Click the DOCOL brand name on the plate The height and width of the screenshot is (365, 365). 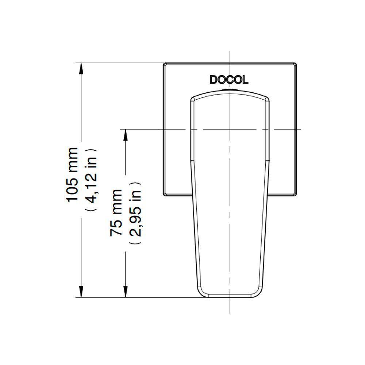(229, 80)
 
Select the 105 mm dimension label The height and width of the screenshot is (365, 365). (72, 174)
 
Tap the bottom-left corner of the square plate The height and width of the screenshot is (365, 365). (164, 196)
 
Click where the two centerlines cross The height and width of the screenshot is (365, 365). (229, 129)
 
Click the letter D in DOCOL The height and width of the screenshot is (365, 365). (213, 80)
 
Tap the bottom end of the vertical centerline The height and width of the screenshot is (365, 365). (229, 312)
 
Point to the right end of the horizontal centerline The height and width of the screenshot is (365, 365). (300, 129)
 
